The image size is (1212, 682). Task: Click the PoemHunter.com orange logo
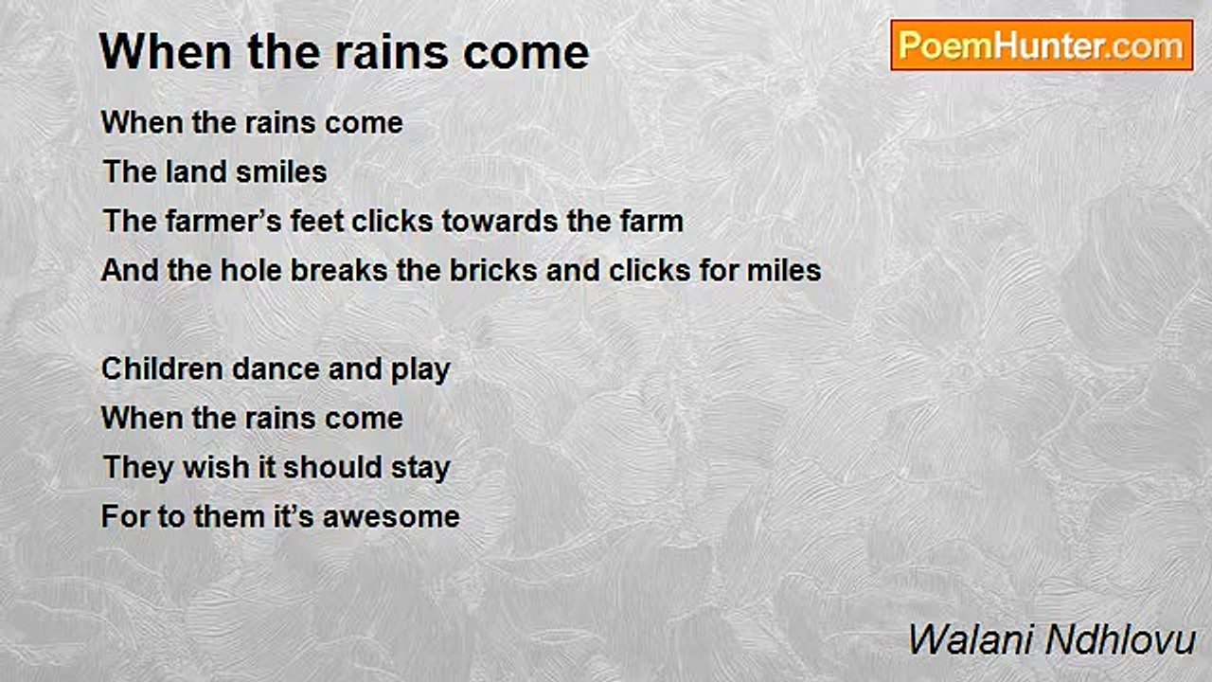tap(1042, 45)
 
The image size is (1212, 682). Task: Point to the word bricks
tap(493, 270)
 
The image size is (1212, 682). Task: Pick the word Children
tap(162, 368)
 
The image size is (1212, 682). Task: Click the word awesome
tap(391, 516)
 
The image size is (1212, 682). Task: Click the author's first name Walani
tap(971, 639)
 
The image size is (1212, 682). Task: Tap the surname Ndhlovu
tap(1120, 639)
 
